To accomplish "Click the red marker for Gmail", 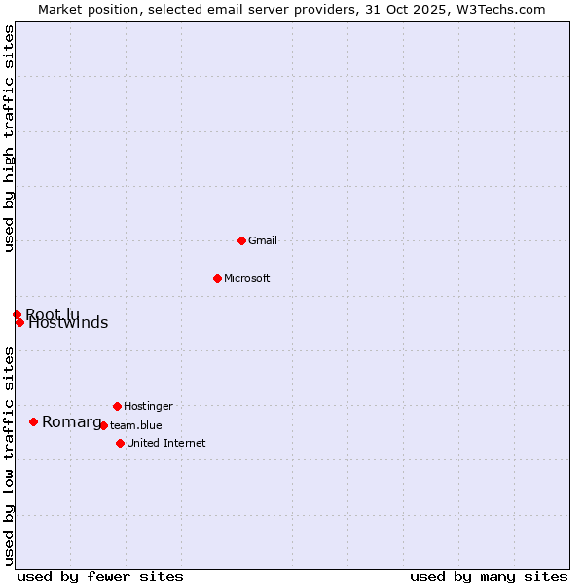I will pyautogui.click(x=241, y=240).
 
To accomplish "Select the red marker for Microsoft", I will pyautogui.click(x=217, y=278).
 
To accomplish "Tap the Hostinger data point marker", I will pyautogui.click(x=117, y=406).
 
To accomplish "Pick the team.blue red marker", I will pyautogui.click(x=103, y=425).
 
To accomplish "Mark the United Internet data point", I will pyautogui.click(x=120, y=443).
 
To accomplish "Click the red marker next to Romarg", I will pyautogui.click(x=33, y=421).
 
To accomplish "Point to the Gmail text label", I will pyautogui.click(x=263, y=240).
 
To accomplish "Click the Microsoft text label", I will pyautogui.click(x=247, y=278).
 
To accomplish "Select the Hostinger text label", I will pyautogui.click(x=149, y=406).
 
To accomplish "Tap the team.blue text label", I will pyautogui.click(x=136, y=425).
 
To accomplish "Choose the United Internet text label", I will pyautogui.click(x=166, y=443).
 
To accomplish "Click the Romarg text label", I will pyautogui.click(x=71, y=421).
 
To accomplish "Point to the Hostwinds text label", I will pyautogui.click(x=68, y=324).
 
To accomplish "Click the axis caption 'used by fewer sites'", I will pyautogui.click(x=100, y=576).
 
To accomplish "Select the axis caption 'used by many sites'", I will pyautogui.click(x=489, y=576).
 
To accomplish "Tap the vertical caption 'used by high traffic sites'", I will pyautogui.click(x=9, y=139).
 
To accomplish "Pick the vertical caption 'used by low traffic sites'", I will pyautogui.click(x=9, y=455).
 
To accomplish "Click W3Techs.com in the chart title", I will pyautogui.click(x=499, y=9).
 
